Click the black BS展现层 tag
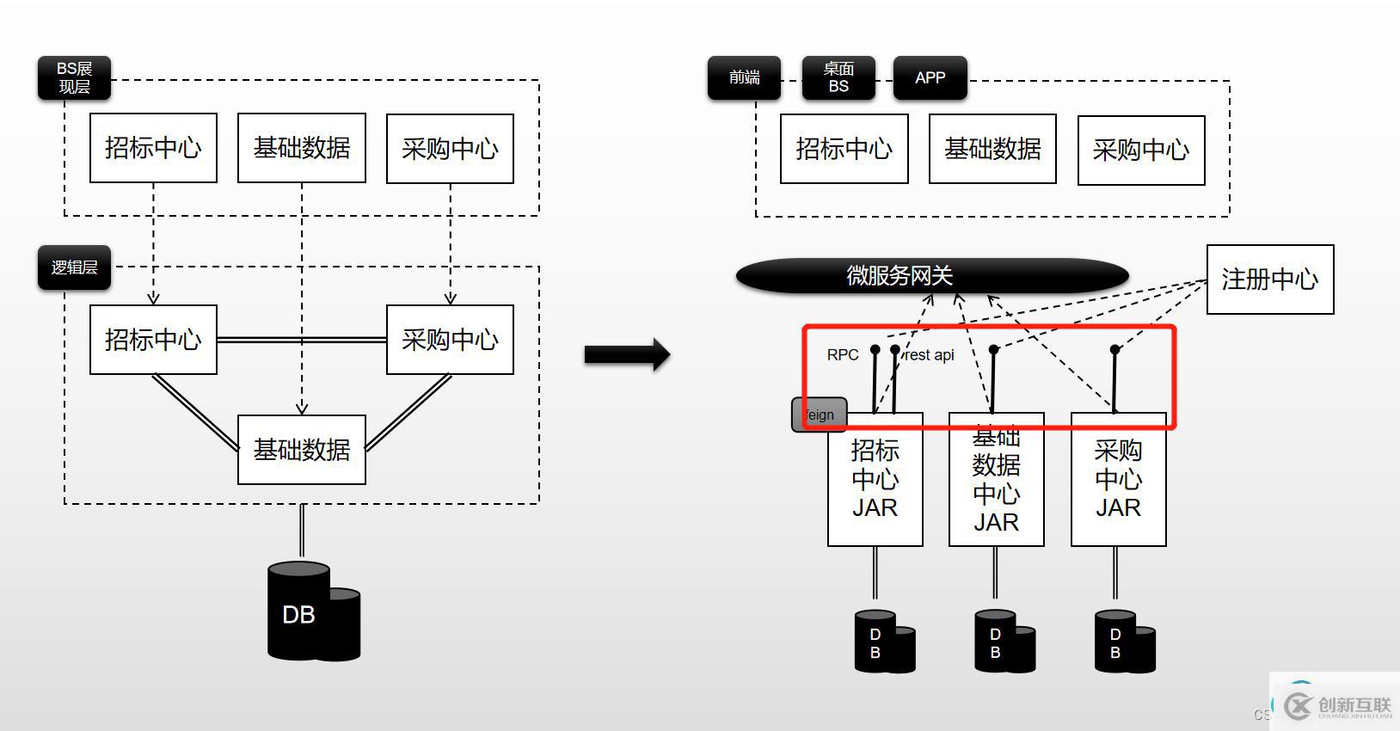(x=74, y=77)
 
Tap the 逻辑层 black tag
(x=74, y=267)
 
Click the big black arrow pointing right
(x=627, y=354)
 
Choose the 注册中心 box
(x=1270, y=279)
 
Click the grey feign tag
(x=819, y=415)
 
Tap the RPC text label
(x=843, y=355)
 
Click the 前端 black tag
(x=744, y=77)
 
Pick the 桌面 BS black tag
(x=838, y=77)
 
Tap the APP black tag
(x=930, y=77)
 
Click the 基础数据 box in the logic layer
(x=301, y=450)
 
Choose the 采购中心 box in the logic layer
(x=450, y=340)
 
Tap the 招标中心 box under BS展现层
(x=153, y=148)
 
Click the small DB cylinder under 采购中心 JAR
(x=1123, y=642)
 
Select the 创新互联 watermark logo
(x=1337, y=706)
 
